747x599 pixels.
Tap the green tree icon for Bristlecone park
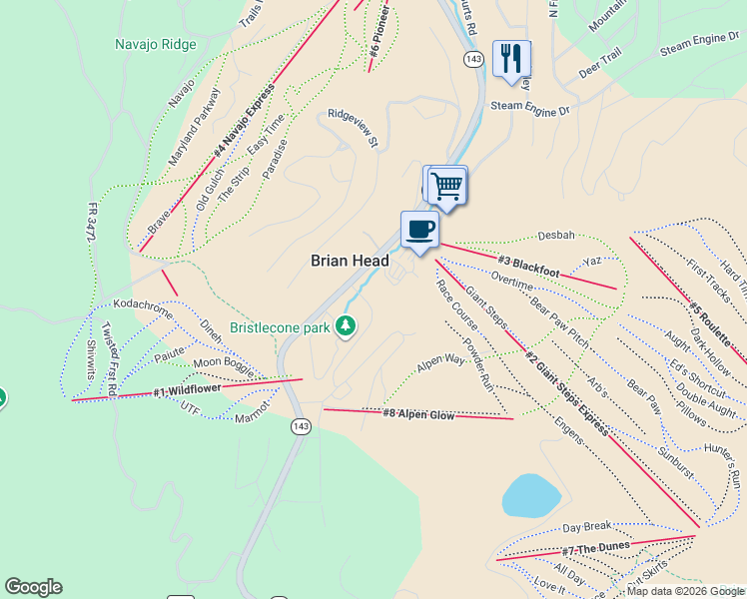pos(346,325)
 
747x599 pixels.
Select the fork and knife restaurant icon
pos(511,58)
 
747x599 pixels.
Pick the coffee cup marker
pos(419,230)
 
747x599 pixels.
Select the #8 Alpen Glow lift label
pos(418,413)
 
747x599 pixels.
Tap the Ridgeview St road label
pos(353,129)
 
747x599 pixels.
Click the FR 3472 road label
pos(92,231)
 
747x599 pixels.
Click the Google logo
pos(33,587)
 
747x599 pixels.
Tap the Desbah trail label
pos(556,236)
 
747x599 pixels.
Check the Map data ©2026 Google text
pos(685,591)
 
